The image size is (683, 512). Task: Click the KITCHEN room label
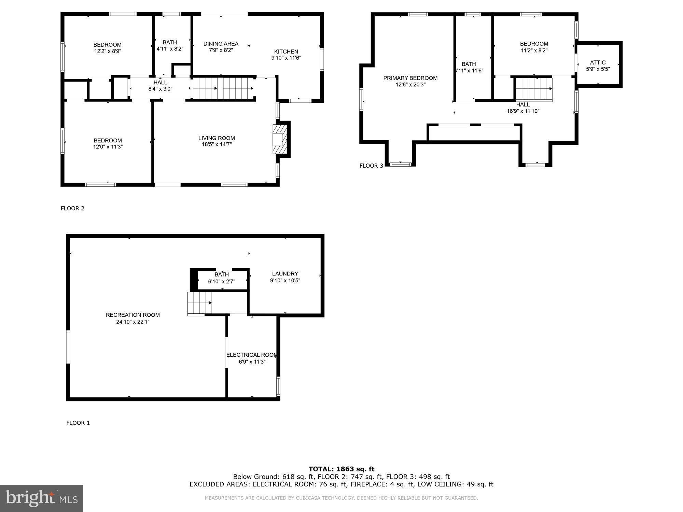286,52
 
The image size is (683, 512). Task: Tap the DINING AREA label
221,44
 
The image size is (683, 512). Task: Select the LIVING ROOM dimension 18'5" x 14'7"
217,144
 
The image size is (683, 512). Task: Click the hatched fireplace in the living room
280,139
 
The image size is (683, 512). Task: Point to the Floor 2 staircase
223,88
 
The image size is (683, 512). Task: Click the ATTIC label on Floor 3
598,62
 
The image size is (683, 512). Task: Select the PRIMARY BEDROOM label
410,78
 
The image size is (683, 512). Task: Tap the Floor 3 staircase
534,89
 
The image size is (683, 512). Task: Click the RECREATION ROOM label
133,315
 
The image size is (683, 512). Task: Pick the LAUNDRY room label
285,274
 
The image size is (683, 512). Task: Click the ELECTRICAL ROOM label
252,355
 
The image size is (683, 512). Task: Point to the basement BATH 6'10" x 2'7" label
222,278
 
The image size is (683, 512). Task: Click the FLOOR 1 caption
78,423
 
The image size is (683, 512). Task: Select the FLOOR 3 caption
371,166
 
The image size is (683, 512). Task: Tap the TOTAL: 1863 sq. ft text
341,469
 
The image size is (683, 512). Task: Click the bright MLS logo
42,498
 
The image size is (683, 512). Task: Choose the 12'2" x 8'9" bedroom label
108,48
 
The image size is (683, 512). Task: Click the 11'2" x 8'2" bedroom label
534,47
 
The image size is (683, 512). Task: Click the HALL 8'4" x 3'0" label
160,86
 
